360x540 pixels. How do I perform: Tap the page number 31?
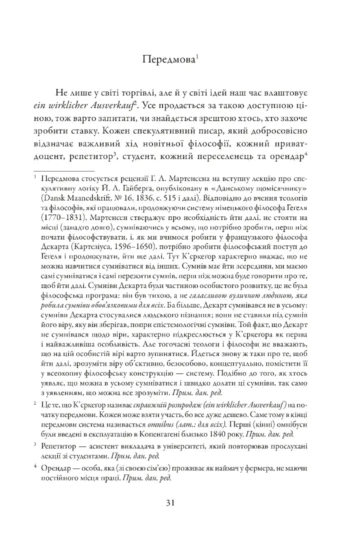click(x=179, y=503)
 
